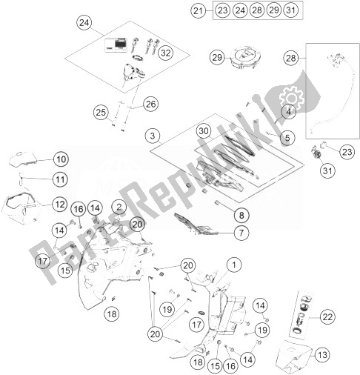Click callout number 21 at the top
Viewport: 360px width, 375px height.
click(197, 10)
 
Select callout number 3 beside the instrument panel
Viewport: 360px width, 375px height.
click(153, 136)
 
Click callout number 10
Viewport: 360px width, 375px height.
click(60, 159)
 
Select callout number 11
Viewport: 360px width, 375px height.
click(60, 179)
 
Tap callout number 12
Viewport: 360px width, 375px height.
click(60, 204)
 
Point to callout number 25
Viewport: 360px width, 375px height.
click(101, 112)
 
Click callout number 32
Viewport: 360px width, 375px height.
click(164, 53)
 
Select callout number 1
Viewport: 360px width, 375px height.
click(235, 264)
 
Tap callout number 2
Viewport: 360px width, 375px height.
click(119, 206)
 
